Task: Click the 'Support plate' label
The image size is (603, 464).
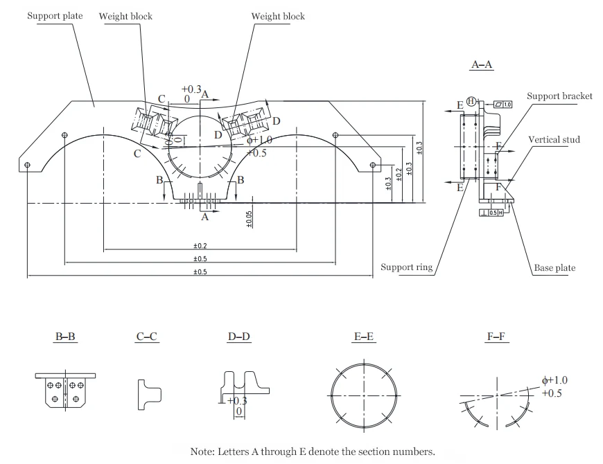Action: click(55, 16)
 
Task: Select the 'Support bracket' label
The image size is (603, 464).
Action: click(559, 96)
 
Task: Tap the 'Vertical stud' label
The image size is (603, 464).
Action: click(554, 140)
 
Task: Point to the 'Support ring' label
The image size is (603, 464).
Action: click(406, 268)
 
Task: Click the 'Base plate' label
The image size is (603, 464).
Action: click(554, 268)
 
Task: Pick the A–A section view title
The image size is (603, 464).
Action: click(482, 64)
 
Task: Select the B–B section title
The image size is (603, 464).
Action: click(66, 337)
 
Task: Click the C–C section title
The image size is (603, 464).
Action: click(147, 337)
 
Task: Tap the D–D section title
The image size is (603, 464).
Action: click(239, 337)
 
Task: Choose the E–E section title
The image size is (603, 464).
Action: click(365, 337)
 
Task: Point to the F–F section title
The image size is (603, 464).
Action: click(498, 337)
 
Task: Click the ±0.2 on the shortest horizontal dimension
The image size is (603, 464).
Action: click(200, 246)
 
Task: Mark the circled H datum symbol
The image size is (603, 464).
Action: click(471, 101)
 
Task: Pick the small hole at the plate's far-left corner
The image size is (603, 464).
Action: click(27, 165)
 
